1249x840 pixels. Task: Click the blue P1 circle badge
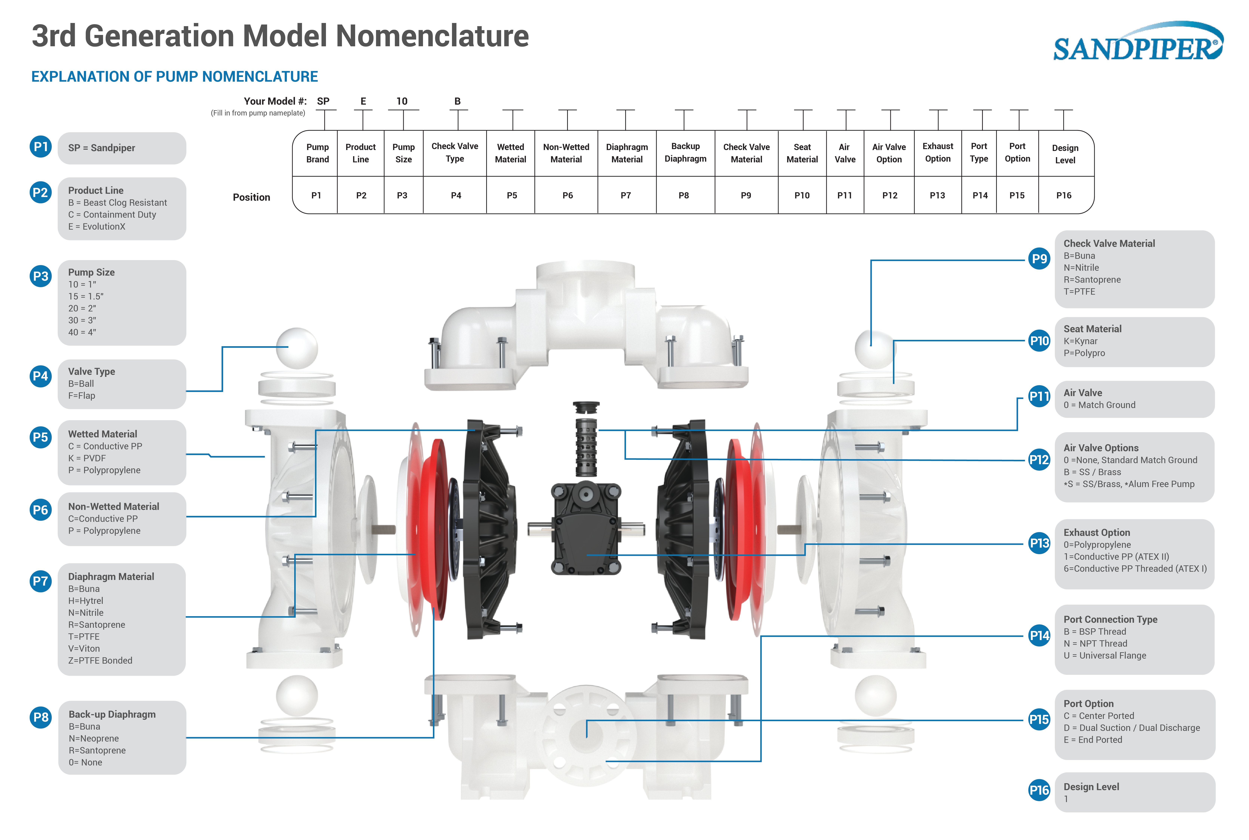[41, 146]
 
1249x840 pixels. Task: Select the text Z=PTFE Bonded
[100, 660]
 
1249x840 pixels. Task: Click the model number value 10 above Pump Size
[402, 101]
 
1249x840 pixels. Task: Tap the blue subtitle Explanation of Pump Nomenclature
[175, 77]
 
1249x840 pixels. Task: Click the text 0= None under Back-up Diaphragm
[85, 762]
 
